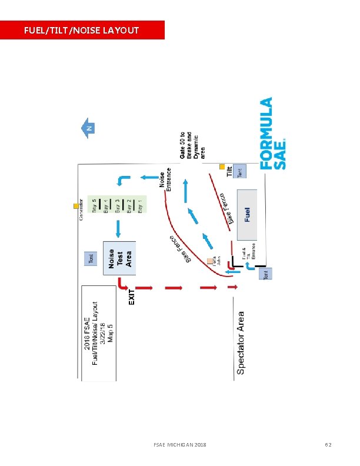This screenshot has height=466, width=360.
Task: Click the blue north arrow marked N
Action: click(x=88, y=128)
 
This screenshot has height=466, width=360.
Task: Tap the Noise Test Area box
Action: click(x=120, y=258)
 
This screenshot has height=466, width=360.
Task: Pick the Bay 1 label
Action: click(x=140, y=205)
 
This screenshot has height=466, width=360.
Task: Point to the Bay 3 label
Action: click(x=118, y=205)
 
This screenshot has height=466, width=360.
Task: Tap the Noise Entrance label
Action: click(x=165, y=181)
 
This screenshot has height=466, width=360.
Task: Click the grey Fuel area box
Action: click(x=247, y=214)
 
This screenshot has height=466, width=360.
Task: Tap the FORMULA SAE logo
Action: click(x=274, y=134)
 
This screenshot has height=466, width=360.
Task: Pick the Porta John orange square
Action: click(x=210, y=260)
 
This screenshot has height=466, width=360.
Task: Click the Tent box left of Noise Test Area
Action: click(x=91, y=258)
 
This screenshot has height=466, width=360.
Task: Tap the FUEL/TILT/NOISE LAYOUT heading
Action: click(x=82, y=30)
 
